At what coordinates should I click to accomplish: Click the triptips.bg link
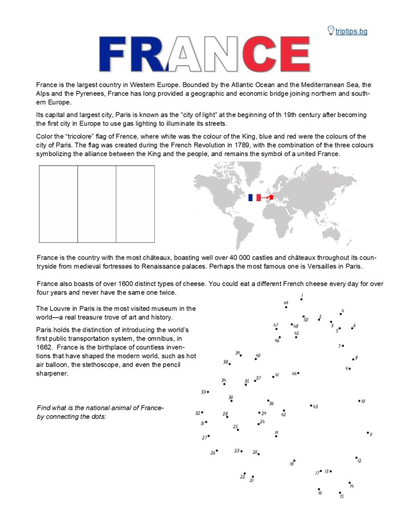[x=351, y=31]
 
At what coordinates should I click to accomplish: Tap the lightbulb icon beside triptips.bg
[x=330, y=30]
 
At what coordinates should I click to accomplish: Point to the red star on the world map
[x=271, y=196]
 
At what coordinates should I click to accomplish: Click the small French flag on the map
[x=255, y=198]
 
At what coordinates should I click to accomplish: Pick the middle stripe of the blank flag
[x=97, y=204]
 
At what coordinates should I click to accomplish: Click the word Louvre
[x=65, y=308]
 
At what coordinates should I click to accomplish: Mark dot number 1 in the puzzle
[x=301, y=299]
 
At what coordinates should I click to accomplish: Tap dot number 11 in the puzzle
[x=368, y=433]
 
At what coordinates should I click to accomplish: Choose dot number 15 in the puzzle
[x=340, y=492]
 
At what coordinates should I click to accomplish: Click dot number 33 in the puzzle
[x=208, y=392]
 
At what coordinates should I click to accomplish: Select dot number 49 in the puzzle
[x=286, y=307]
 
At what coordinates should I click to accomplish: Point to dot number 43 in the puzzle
[x=311, y=406]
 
